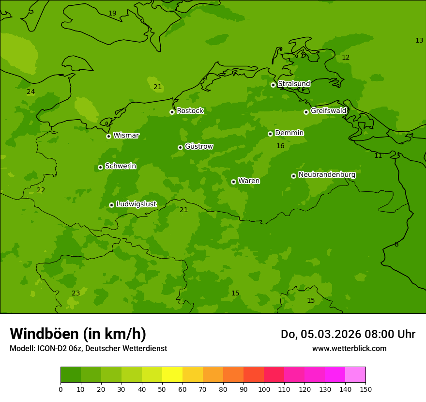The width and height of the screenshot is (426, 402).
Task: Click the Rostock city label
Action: click(x=190, y=111)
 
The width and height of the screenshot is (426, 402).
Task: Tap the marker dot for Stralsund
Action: click(x=273, y=85)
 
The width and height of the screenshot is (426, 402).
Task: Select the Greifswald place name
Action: click(x=328, y=111)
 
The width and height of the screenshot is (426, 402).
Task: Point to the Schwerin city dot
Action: click(x=100, y=167)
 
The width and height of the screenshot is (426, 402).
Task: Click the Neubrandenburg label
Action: click(x=327, y=175)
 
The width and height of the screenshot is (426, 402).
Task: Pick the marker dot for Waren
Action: click(x=233, y=182)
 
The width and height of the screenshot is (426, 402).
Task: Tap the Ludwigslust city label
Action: click(x=136, y=204)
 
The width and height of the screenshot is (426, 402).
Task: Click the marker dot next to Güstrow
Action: click(x=180, y=147)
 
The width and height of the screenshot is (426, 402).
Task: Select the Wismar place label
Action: click(x=126, y=136)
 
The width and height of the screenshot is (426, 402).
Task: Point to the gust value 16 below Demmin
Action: click(x=280, y=146)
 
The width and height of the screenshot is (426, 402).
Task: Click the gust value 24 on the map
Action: click(x=31, y=92)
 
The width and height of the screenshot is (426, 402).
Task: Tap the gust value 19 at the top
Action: click(x=112, y=14)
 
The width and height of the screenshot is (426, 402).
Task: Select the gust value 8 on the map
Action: click(x=396, y=245)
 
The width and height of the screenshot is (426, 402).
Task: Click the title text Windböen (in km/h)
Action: click(x=78, y=334)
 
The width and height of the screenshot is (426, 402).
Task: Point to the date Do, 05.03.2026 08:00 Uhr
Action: click(x=348, y=334)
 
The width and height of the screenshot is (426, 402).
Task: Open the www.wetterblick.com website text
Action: click(x=349, y=349)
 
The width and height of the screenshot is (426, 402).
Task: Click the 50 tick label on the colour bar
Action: click(x=162, y=389)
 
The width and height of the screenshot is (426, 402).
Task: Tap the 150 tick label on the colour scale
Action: click(x=365, y=389)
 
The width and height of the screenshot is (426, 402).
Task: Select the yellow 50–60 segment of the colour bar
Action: click(x=172, y=375)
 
